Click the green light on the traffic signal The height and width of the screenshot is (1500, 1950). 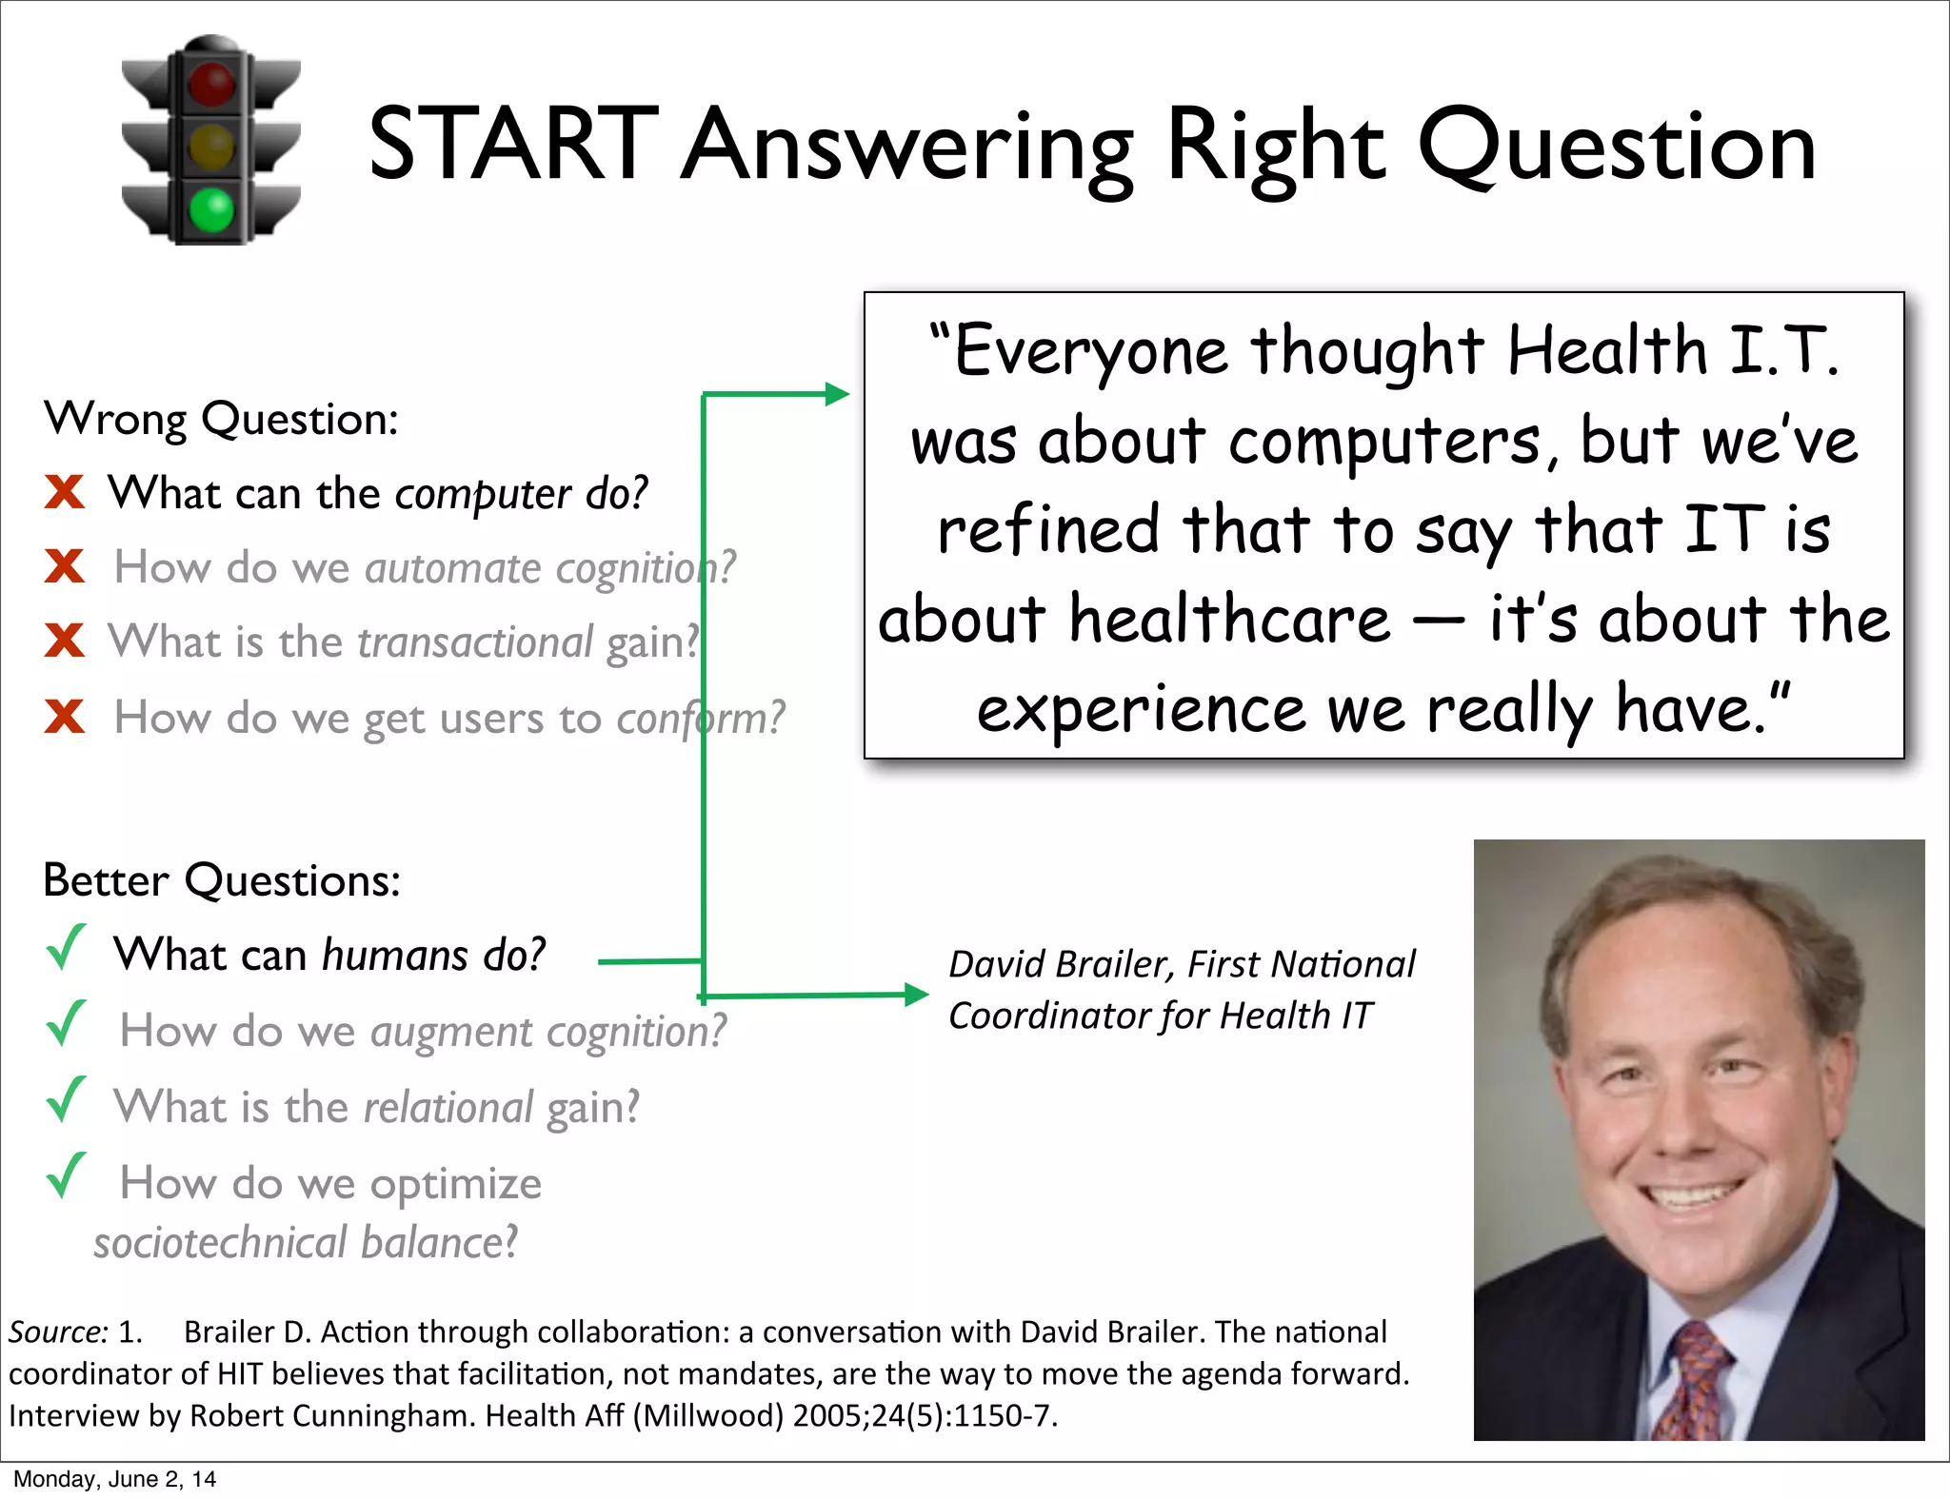(x=211, y=209)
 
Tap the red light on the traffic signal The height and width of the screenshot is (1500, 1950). (x=211, y=84)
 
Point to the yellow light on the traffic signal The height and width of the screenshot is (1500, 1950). (x=211, y=148)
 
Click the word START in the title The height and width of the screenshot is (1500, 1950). (x=513, y=145)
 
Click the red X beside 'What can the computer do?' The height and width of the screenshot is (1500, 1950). (x=65, y=492)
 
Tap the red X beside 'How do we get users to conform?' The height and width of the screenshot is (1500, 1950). (x=65, y=716)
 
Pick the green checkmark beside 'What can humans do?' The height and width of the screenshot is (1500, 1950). (x=66, y=948)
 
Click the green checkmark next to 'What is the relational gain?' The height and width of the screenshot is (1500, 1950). (x=66, y=1100)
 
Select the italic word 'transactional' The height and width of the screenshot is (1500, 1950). (x=475, y=641)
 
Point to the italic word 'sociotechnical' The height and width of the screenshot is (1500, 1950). (x=220, y=1243)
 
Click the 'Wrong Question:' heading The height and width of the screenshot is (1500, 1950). (x=221, y=419)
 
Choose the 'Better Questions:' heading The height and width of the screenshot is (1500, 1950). (x=222, y=880)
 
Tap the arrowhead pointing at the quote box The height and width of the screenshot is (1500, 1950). (x=837, y=394)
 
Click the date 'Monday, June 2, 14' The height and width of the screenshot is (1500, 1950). (x=114, y=1479)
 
